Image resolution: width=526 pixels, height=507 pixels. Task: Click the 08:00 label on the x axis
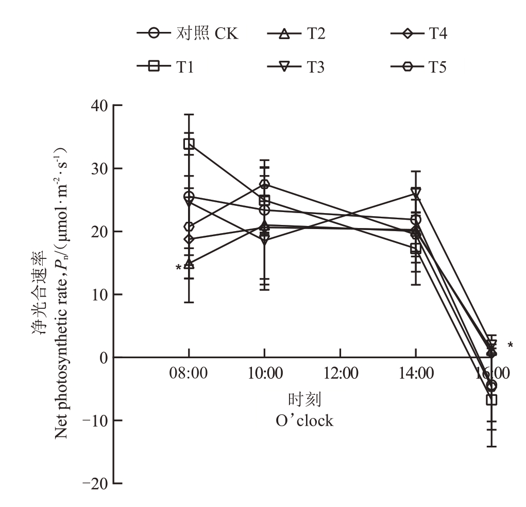pos(189,373)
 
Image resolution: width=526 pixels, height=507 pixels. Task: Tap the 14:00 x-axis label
pos(416,373)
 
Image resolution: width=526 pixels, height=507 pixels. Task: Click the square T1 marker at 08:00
pos(189,144)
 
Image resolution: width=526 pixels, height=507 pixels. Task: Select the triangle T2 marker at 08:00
pos(189,264)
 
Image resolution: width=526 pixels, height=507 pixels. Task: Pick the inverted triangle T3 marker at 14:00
pos(416,193)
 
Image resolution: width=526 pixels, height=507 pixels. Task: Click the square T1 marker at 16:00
pos(491,400)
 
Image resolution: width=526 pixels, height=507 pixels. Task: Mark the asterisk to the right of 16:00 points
pos(510,345)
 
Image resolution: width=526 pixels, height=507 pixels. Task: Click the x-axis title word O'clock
pos(304,421)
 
